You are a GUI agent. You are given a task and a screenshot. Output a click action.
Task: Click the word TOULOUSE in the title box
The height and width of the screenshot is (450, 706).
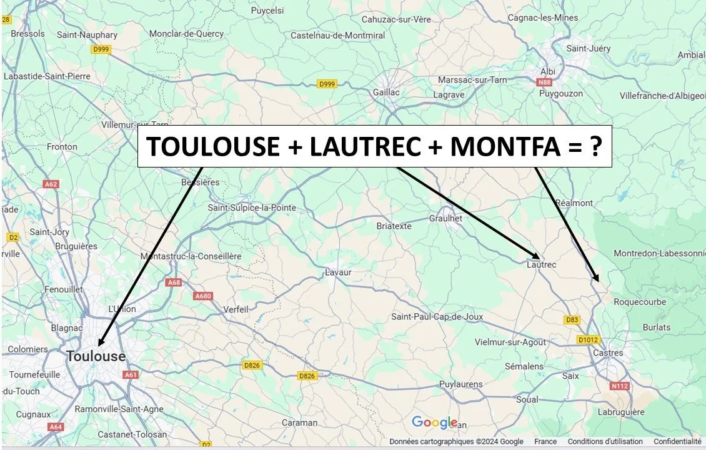click(x=213, y=147)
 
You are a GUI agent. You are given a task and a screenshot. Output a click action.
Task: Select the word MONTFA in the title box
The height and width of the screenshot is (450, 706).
click(x=505, y=147)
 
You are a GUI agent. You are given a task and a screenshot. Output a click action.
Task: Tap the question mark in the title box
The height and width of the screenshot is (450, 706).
click(x=595, y=147)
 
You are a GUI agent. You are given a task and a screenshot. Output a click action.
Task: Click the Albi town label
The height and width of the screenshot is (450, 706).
click(x=547, y=71)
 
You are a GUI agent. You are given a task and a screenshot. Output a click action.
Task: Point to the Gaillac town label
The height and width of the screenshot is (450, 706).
click(x=385, y=92)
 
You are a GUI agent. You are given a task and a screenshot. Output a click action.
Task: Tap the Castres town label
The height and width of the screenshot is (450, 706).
click(x=608, y=353)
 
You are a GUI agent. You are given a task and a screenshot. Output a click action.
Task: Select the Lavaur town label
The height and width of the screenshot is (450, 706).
click(x=338, y=272)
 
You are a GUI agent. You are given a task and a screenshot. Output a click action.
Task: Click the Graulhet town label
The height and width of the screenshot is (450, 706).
click(x=445, y=218)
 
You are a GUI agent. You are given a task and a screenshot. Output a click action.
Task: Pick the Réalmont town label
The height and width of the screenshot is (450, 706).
click(x=574, y=203)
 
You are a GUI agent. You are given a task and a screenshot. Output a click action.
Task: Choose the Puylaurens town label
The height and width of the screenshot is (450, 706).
click(x=461, y=384)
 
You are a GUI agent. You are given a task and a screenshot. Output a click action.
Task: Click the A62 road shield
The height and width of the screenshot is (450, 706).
click(x=51, y=184)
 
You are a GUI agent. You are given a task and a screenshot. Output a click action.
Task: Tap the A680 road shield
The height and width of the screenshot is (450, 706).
click(x=204, y=296)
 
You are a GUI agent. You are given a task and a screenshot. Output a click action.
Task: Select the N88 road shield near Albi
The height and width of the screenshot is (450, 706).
click(x=547, y=82)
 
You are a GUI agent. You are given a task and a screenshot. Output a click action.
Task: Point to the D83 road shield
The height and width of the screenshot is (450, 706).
click(x=572, y=320)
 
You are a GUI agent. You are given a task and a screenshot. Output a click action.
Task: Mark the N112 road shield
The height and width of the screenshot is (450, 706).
click(x=619, y=386)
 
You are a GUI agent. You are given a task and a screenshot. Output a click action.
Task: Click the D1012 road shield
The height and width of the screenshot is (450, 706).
click(x=588, y=340)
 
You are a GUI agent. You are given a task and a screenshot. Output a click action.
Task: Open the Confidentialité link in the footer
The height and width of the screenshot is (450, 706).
click(x=677, y=441)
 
